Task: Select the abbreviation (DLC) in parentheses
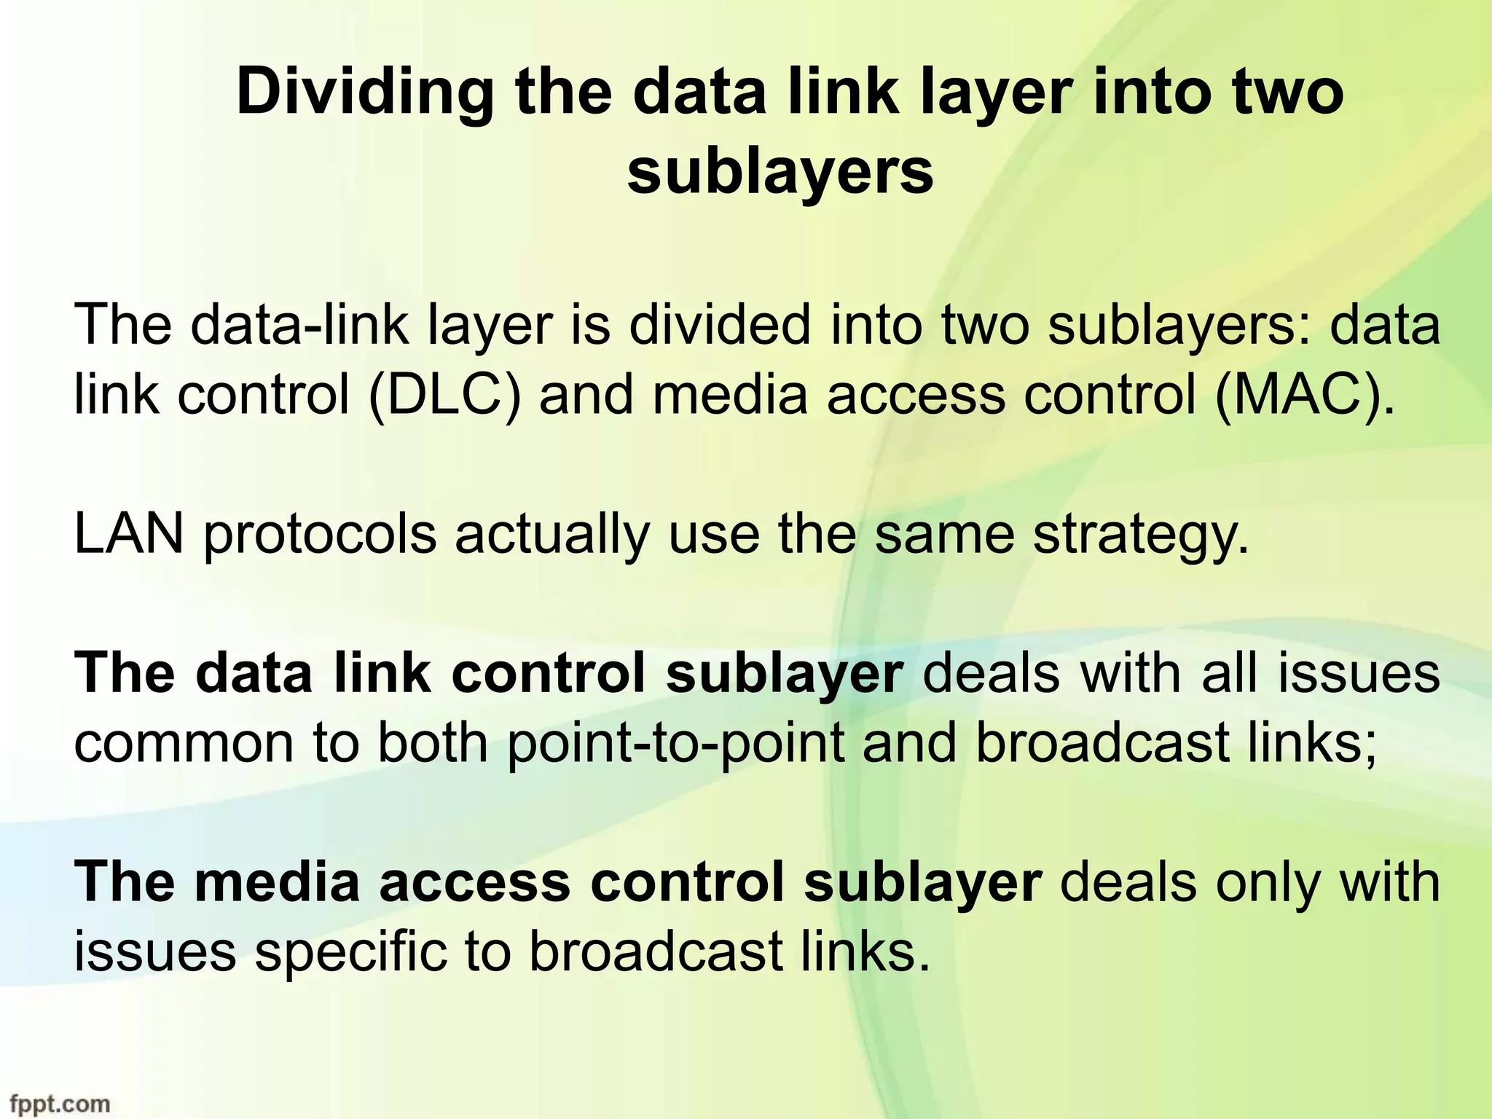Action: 444,394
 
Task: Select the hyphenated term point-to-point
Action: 676,744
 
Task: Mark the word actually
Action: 551,535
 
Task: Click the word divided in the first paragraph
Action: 718,325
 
